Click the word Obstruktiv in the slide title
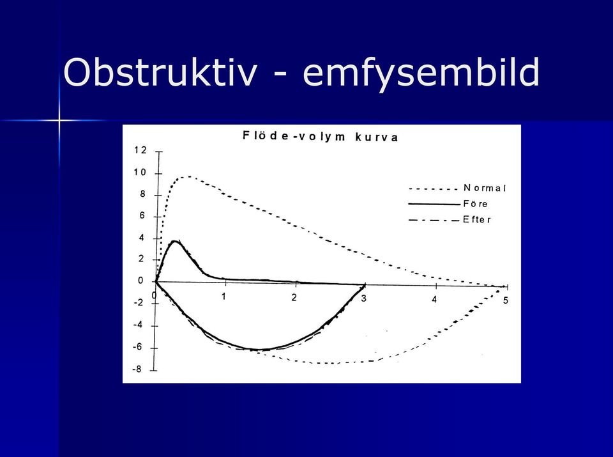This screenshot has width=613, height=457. (160, 73)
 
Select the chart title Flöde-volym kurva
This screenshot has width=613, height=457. (320, 137)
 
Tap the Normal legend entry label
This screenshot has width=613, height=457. (485, 188)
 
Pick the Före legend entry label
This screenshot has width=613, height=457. (475, 204)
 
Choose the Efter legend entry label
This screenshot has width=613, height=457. (477, 219)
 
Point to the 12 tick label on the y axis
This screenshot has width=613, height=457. (140, 150)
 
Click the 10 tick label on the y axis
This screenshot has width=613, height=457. (140, 173)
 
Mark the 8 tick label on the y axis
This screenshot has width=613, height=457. (142, 194)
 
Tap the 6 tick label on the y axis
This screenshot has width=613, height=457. (142, 215)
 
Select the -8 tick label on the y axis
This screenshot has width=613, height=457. (137, 369)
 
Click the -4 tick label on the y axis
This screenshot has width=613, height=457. (138, 325)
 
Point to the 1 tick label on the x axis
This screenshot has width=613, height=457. (223, 297)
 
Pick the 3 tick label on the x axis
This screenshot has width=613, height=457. (364, 298)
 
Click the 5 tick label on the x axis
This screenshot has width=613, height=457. (506, 300)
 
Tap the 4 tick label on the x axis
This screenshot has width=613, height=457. (434, 300)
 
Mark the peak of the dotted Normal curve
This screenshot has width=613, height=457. (188, 176)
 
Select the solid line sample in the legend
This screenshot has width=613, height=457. (434, 204)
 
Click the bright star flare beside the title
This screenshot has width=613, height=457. (59, 120)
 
